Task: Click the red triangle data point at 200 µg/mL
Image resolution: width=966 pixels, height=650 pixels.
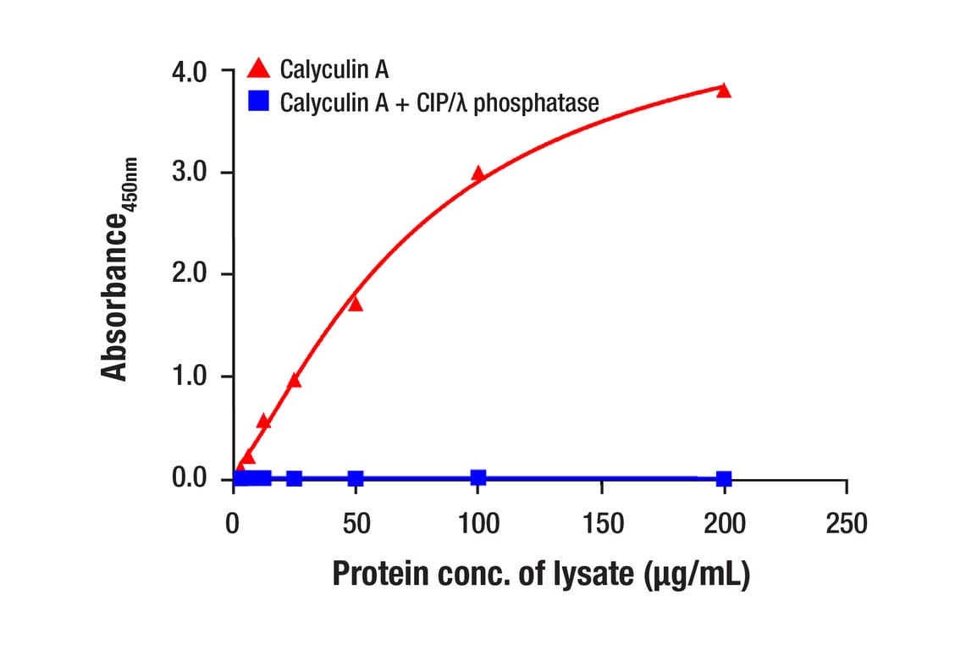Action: [723, 91]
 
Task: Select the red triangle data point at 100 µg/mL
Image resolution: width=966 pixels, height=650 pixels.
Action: [478, 174]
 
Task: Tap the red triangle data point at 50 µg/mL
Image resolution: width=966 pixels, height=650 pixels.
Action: [356, 304]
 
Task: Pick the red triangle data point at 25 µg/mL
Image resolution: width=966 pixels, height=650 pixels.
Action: [295, 381]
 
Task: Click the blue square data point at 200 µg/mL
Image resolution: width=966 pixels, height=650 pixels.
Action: [724, 479]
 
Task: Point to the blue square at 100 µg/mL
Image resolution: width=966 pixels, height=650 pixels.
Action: [478, 477]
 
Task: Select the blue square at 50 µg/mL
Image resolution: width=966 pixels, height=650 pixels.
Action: [356, 478]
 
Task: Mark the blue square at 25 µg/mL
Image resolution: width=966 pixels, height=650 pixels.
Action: [295, 478]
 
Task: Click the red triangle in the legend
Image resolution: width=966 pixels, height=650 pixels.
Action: [258, 69]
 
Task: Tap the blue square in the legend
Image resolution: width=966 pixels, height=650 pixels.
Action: [258, 102]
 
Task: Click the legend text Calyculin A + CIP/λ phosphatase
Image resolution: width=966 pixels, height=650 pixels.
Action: [439, 103]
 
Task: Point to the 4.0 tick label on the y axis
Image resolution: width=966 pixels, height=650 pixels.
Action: [189, 72]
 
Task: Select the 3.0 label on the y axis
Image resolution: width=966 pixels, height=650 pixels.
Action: [189, 174]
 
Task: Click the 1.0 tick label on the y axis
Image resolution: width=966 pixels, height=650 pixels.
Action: [189, 377]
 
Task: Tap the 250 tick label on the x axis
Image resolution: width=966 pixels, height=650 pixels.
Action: [847, 524]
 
